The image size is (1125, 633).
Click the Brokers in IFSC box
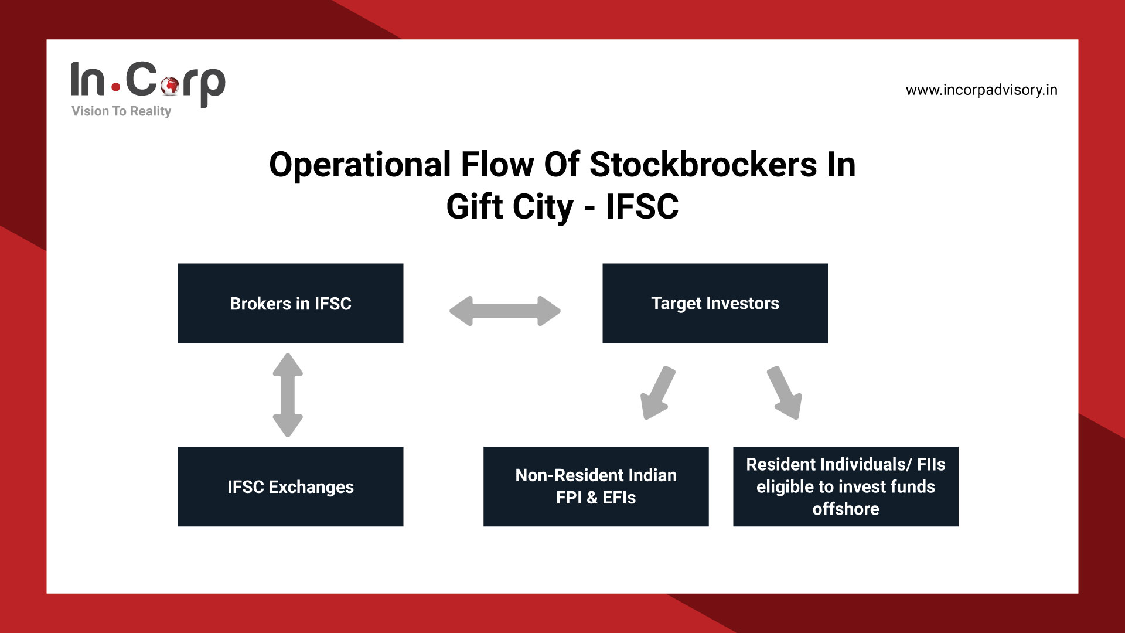pos(291,303)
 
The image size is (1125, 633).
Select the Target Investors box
pos(715,303)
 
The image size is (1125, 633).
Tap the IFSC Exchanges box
pos(291,486)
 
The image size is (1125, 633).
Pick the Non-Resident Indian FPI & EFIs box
pos(596,486)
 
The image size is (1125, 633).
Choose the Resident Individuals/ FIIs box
pos(846,486)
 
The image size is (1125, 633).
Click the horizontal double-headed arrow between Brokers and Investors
pos(504,311)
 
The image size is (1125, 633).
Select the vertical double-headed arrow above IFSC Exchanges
pos(288,394)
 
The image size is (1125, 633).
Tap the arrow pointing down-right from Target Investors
pos(785,393)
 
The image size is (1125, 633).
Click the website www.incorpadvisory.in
pos(981,90)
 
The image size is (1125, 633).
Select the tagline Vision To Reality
pos(121,111)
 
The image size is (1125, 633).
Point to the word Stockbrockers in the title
pos(703,165)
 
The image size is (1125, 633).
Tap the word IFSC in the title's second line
pos(642,207)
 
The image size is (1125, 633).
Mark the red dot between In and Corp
pos(116,88)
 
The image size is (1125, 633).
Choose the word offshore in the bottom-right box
pos(846,509)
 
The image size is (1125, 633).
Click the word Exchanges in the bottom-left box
pos(311,487)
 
